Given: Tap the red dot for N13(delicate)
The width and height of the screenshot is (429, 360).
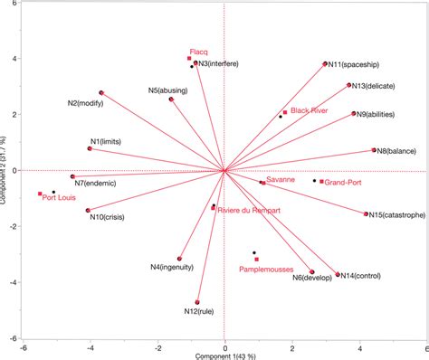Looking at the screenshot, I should coord(349,85).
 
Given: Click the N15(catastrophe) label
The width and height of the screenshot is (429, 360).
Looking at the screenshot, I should coord(398,215).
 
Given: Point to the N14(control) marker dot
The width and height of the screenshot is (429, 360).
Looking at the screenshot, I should coord(338,275).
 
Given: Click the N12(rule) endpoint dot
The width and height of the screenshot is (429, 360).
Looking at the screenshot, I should coord(197,302).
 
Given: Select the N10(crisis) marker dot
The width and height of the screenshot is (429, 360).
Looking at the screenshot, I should coord(88,211).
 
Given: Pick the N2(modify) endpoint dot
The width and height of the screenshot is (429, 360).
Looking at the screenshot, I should coord(101,93).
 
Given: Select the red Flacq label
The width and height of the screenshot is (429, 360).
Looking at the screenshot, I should coord(199,52).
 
